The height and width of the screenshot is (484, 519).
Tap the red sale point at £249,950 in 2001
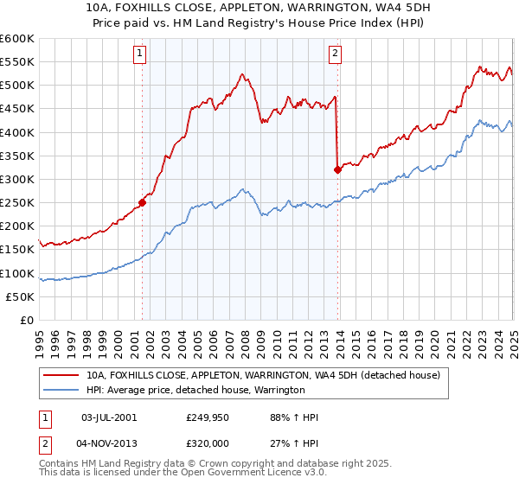tap(142, 202)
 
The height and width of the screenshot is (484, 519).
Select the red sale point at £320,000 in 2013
tap(337, 169)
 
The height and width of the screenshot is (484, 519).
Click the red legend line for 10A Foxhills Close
tap(60, 375)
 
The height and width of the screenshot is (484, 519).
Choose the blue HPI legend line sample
tap(60, 391)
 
